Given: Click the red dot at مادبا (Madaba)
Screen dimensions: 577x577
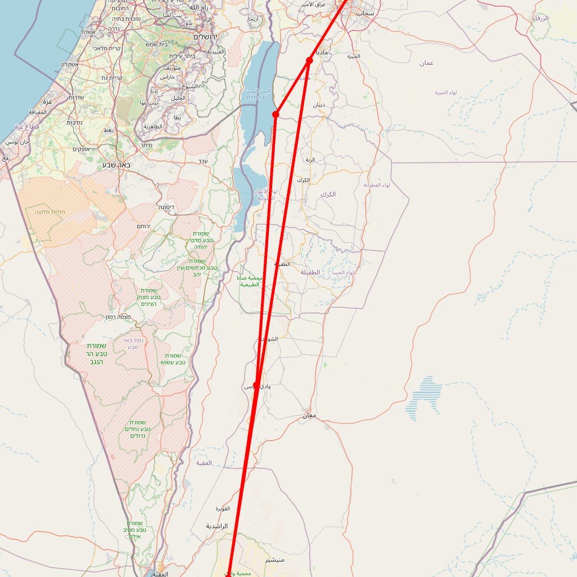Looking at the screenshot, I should pyautogui.click(x=309, y=60).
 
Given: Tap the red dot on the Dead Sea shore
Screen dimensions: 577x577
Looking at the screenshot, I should pyautogui.click(x=276, y=114).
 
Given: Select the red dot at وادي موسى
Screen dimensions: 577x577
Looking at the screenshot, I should pyautogui.click(x=256, y=385).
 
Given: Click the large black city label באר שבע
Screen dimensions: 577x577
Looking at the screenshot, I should pyautogui.click(x=117, y=165).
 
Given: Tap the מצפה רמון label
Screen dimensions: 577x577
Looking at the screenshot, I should pyautogui.click(x=118, y=317).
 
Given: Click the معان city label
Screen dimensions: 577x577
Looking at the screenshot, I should pyautogui.click(x=309, y=416).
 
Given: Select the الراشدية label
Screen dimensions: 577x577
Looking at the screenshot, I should pyautogui.click(x=217, y=526).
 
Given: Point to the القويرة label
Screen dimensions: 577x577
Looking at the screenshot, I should pyautogui.click(x=223, y=509).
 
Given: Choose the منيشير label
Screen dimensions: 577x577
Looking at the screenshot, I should pyautogui.click(x=275, y=560).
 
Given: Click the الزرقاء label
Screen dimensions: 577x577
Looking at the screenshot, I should pyautogui.click(x=540, y=19).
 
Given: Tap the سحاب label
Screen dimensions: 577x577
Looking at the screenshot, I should pyautogui.click(x=365, y=12).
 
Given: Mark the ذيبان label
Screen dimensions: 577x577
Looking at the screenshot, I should pyautogui.click(x=319, y=105).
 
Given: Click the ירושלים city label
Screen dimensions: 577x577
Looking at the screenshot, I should pyautogui.click(x=208, y=37).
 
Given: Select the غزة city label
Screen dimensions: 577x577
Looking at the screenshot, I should pyautogui.click(x=47, y=101).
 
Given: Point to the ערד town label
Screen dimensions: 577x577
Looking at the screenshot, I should pyautogui.click(x=203, y=162).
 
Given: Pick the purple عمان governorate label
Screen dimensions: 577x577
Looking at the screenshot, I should pyautogui.click(x=426, y=63).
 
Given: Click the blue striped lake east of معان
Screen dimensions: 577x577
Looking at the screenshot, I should pyautogui.click(x=424, y=397).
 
